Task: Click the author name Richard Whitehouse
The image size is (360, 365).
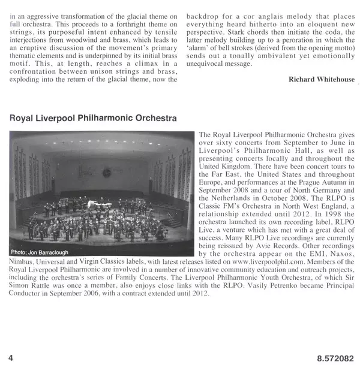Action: tap(320, 79)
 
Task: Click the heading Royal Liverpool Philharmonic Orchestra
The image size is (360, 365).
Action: tap(93, 119)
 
